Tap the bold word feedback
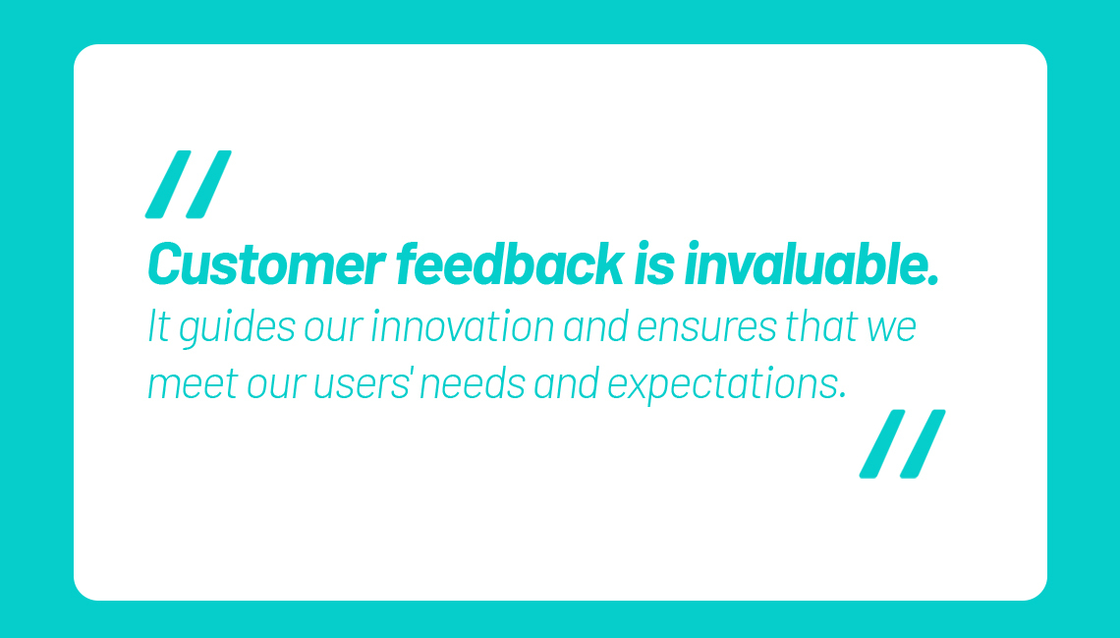click(x=510, y=263)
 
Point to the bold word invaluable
click(x=811, y=263)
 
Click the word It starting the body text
click(x=159, y=326)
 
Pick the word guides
click(x=237, y=328)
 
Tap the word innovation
click(x=463, y=326)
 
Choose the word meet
click(x=193, y=384)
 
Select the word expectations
click(x=727, y=385)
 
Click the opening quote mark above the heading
click(x=189, y=185)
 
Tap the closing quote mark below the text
click(x=902, y=443)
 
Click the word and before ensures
click(x=595, y=326)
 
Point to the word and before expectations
click(x=567, y=383)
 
